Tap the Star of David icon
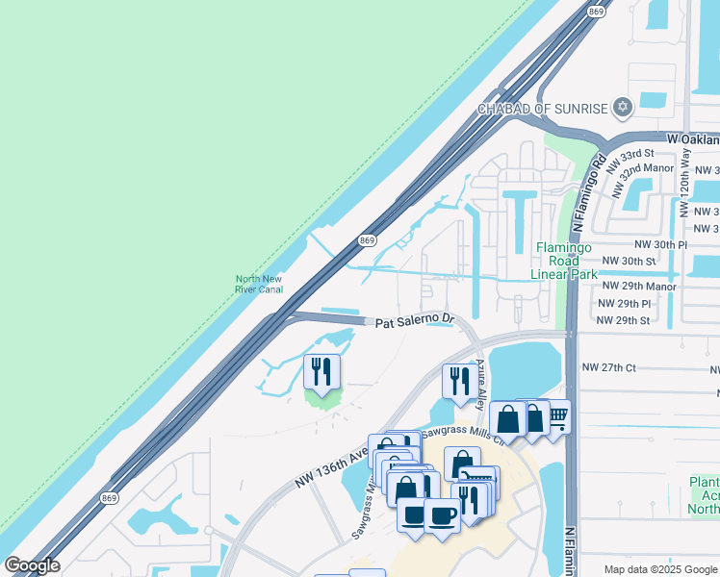click(623, 106)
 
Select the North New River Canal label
click(259, 284)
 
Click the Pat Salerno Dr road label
click(414, 318)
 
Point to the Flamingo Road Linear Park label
click(558, 261)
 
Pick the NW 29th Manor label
click(638, 286)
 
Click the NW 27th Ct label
click(609, 367)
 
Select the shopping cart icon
click(555, 415)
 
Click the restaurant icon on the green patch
click(320, 371)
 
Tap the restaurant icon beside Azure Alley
click(457, 380)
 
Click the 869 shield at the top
click(596, 12)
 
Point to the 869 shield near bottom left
click(110, 497)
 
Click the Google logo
click(32, 565)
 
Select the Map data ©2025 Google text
click(661, 569)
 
